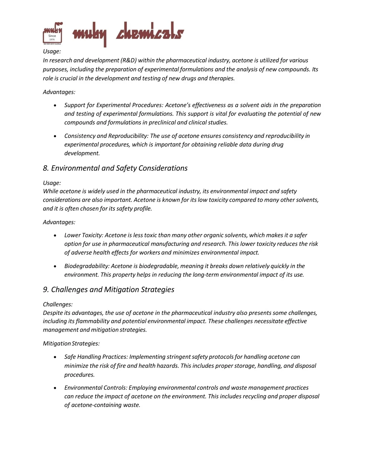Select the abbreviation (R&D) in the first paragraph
pyautogui.click(x=129, y=60)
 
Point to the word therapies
pyautogui.click(x=222, y=78)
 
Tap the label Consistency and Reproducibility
pyautogui.click(x=106, y=136)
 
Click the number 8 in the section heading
pyautogui.click(x=45, y=168)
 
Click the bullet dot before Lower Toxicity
pyautogui.click(x=55, y=236)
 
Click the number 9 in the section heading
pyautogui.click(x=45, y=290)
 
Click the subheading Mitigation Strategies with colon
pyautogui.click(x=71, y=343)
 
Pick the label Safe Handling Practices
pyautogui.click(x=96, y=357)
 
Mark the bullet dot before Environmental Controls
pyautogui.click(x=55, y=388)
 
